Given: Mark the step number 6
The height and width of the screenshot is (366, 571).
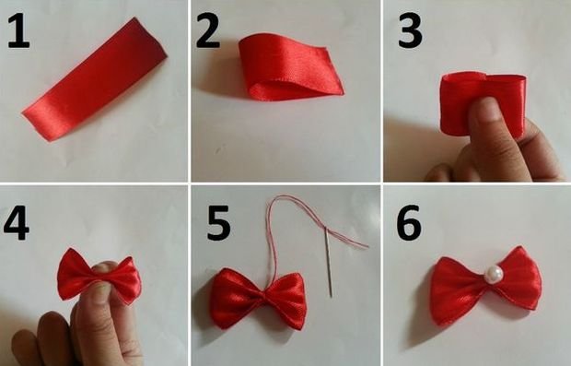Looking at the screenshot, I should [408, 222].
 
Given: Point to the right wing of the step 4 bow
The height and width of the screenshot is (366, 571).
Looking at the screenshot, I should [125, 277].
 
